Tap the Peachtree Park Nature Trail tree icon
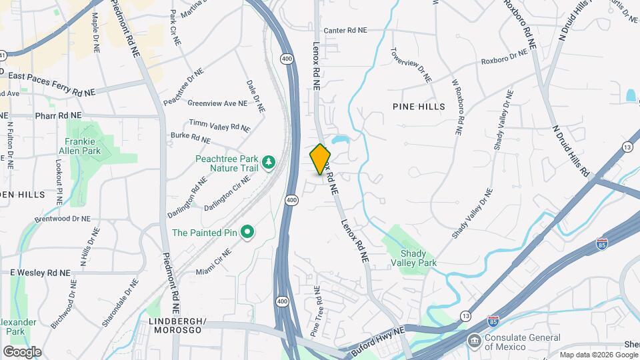(x=269, y=163)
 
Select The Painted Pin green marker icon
(x=247, y=233)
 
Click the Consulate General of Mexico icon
(x=475, y=341)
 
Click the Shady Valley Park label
(x=418, y=258)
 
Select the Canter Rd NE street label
(x=345, y=31)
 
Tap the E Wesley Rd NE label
(x=40, y=273)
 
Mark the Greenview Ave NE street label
(x=217, y=103)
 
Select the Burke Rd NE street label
(x=191, y=138)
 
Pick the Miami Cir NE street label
(x=213, y=262)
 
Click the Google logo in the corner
(x=22, y=352)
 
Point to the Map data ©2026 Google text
(x=599, y=355)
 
